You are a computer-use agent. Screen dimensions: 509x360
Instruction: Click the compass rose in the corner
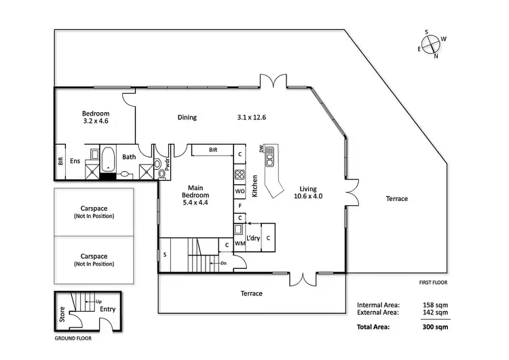[x=432, y=43]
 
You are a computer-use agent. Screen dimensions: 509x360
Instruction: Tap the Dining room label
[x=187, y=118]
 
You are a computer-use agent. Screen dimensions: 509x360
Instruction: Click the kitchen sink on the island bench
[x=269, y=160]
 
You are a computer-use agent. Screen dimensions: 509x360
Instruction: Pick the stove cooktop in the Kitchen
[x=240, y=176]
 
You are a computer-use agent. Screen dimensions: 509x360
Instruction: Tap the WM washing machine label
[x=240, y=243]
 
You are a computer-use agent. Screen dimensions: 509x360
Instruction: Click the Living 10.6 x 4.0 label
[x=309, y=193]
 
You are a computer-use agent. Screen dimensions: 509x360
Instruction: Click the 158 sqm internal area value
[x=435, y=305]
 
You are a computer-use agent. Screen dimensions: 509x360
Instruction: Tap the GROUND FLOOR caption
[x=73, y=338]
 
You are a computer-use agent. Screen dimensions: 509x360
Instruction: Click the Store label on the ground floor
[x=62, y=313]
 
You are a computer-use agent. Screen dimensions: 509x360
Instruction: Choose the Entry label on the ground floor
[x=107, y=309]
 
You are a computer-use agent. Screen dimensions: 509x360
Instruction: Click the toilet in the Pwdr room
[x=162, y=173]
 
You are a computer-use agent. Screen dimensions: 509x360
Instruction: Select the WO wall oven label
[x=240, y=192]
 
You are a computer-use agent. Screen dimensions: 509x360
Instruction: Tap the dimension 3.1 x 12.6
[x=252, y=118]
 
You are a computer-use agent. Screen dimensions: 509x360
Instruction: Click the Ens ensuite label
[x=75, y=161]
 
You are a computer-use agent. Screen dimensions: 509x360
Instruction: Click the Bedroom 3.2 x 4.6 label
[x=95, y=117]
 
